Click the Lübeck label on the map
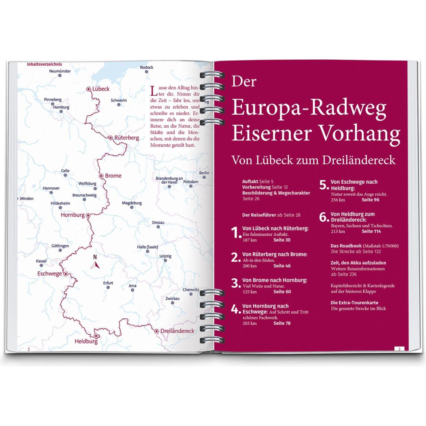coord(101,89)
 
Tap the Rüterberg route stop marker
coord(111,138)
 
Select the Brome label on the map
coord(113,176)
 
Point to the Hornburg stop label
coord(73,215)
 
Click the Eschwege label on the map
coord(49,274)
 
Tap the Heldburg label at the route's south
coord(86,341)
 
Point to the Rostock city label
coord(147,67)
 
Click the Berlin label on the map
coord(204,173)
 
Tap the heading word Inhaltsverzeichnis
coord(44,64)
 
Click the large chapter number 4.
coord(235,309)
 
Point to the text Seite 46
coord(282,266)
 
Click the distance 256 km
coord(338,200)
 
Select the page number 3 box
coord(399,349)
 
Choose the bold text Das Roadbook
coord(346,246)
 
